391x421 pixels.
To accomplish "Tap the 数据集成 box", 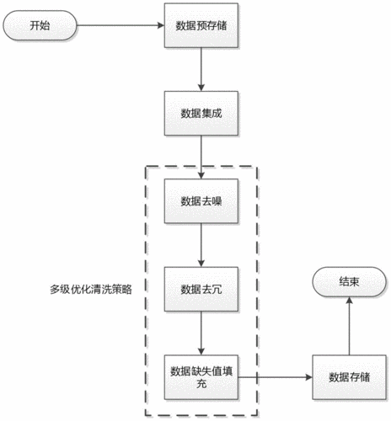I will [x=201, y=113].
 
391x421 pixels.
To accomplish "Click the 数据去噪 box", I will [x=201, y=201].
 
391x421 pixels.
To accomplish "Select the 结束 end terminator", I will [x=347, y=283].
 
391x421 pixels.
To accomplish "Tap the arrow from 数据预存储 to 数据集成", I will [x=201, y=71].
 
